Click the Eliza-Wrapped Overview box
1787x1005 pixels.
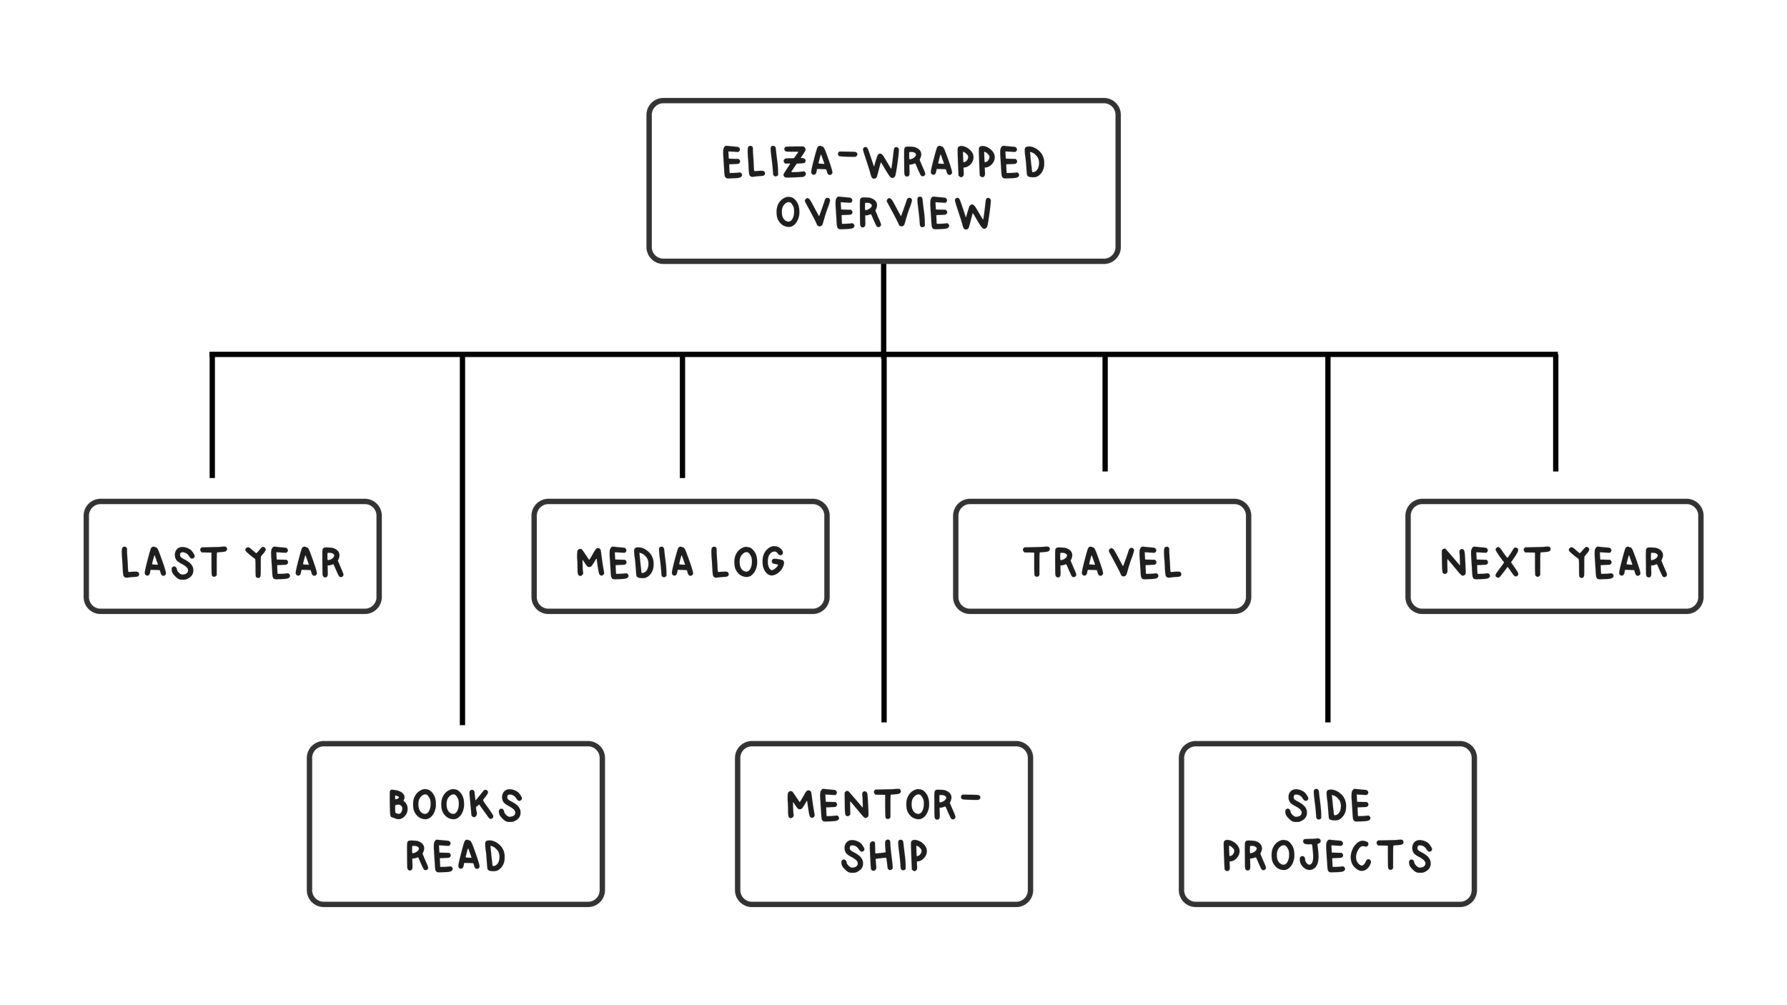tap(883, 181)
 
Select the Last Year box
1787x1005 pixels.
tap(232, 556)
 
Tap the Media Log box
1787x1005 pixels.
tap(680, 556)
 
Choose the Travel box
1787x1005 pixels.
tap(1102, 556)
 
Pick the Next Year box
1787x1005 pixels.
tap(1553, 556)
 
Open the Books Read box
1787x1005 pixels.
tap(455, 824)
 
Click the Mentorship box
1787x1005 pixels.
tap(883, 824)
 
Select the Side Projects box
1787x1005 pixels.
tap(1327, 824)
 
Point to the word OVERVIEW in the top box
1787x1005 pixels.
tap(883, 213)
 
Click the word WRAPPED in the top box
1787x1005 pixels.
tap(955, 162)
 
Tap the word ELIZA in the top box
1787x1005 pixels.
tap(778, 162)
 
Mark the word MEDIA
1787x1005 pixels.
tap(635, 562)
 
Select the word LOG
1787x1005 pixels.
tap(748, 562)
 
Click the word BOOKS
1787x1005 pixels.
tap(455, 805)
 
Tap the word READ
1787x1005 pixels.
tap(455, 856)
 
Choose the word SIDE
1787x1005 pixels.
tap(1328, 805)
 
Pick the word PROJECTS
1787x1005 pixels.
tap(1327, 856)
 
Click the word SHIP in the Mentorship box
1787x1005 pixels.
tap(884, 856)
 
